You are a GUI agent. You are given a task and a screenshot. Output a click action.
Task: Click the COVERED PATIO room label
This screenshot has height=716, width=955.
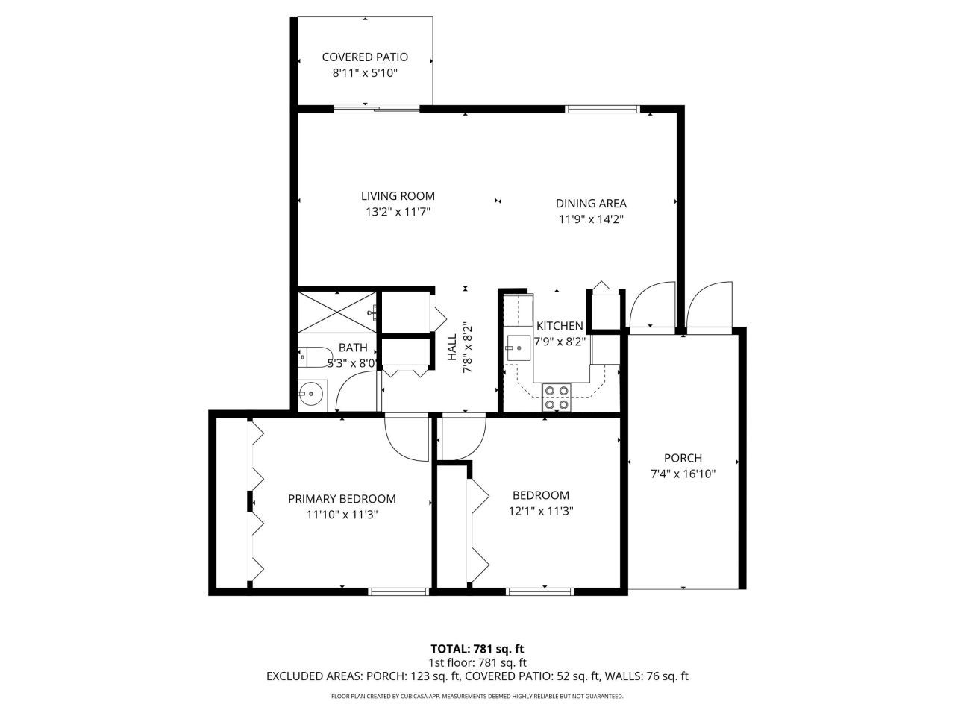365,57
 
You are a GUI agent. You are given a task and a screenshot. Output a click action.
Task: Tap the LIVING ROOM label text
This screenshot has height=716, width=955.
398,196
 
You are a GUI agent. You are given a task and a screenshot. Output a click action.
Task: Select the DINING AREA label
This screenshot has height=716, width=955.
591,204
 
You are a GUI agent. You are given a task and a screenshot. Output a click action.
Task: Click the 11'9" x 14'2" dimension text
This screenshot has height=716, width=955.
591,219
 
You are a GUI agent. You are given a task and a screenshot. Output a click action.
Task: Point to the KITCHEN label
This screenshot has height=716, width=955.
560,326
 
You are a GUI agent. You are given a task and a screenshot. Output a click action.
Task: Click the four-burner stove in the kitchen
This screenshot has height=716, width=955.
557,398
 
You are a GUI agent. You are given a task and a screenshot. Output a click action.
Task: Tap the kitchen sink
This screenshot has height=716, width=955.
518,348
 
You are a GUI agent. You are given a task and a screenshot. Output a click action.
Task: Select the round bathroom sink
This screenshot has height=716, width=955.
312,395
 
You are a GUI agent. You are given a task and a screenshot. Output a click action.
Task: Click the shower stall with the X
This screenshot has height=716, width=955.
336,313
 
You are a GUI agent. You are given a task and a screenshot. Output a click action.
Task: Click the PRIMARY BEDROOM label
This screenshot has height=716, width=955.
342,499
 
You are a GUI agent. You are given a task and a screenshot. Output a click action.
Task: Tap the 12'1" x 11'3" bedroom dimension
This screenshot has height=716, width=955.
541,511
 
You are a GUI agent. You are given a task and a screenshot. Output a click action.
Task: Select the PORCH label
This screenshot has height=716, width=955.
683,458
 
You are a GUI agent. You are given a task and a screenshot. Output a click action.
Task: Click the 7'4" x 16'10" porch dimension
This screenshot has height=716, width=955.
683,474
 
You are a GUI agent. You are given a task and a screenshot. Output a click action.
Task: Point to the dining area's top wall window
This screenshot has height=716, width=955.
602,109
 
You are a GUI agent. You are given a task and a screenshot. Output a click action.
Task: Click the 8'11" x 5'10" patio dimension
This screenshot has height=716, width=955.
365,72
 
